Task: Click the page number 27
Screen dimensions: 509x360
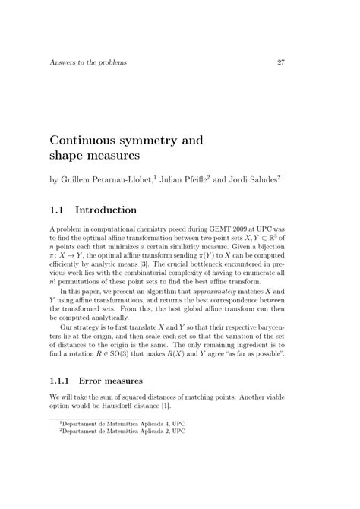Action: (x=280, y=62)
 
